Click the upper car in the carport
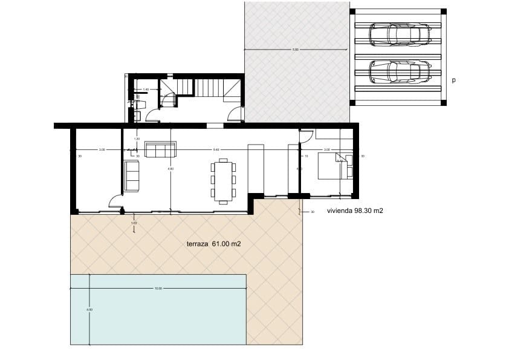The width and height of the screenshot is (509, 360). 400,34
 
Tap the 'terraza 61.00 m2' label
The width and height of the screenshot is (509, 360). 214,244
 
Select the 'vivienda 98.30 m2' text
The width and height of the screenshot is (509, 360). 355,211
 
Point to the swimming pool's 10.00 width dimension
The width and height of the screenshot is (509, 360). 158,289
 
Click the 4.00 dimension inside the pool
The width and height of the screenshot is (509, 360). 90,310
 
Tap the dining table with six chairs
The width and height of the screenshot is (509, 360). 223,180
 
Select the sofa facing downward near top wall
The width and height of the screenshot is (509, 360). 160,149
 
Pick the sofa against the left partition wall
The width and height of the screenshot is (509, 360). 131,176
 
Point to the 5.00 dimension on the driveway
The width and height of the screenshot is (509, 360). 295,50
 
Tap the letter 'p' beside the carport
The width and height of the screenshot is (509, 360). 453,80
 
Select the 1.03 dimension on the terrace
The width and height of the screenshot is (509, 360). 134,224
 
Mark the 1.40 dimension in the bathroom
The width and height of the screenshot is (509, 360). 146,90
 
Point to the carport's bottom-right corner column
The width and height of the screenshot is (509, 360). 444,103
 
